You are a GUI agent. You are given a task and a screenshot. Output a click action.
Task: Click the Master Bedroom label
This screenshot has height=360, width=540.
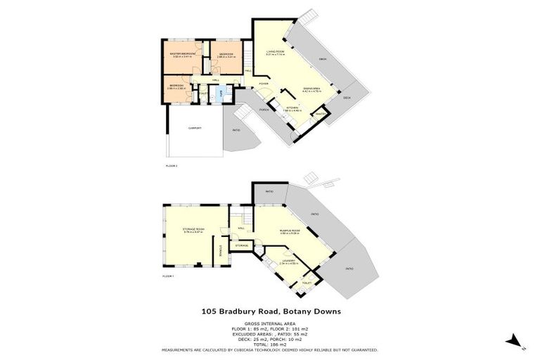181,53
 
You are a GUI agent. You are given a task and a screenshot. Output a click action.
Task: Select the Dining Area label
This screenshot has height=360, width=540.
312,88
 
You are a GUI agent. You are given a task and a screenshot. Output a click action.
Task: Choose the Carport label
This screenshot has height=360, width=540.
193,129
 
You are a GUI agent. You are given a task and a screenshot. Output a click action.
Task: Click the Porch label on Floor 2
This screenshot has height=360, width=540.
264,110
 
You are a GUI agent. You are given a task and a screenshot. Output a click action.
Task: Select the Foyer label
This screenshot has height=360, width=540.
264,84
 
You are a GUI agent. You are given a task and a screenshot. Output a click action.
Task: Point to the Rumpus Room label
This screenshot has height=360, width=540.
290,231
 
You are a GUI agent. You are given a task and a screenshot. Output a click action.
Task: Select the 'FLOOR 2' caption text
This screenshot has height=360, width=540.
171,166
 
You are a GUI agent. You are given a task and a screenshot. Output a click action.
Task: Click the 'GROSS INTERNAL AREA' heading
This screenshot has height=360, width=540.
270,324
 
